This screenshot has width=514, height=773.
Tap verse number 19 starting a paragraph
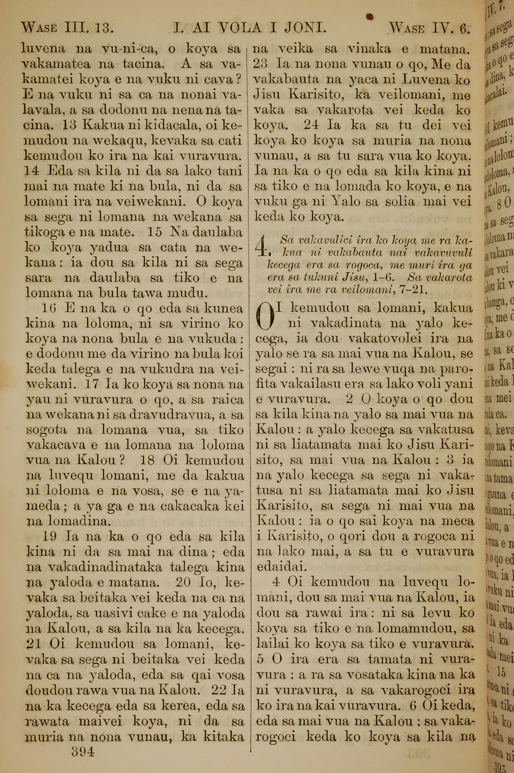[50, 536]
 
